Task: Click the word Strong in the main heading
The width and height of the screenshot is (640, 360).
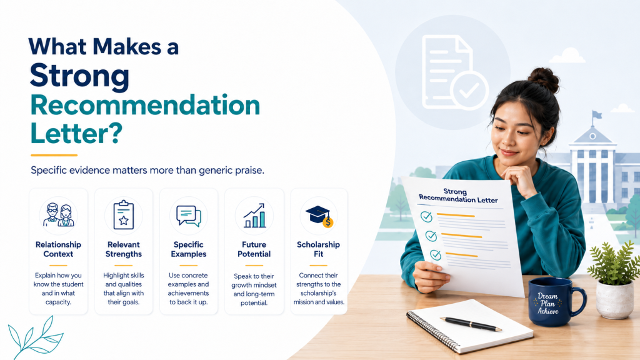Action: [x=79, y=76]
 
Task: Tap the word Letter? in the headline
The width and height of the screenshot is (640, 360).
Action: [x=76, y=132]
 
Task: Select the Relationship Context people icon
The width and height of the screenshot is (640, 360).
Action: [x=58, y=215]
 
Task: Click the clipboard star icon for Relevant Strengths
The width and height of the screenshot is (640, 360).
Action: [x=124, y=215]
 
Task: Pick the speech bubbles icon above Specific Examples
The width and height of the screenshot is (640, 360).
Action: [x=189, y=216]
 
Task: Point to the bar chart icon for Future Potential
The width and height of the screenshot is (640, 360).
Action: [x=254, y=216]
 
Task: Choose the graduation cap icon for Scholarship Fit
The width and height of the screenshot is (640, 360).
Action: [x=319, y=216]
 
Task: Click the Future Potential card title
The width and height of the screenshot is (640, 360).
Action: [x=254, y=249]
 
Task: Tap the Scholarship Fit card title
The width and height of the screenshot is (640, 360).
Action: [x=318, y=249]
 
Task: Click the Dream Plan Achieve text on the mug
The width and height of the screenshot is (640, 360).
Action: [x=547, y=303]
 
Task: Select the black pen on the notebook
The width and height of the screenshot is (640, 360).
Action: [x=471, y=324]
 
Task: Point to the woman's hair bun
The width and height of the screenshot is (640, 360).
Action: [x=544, y=79]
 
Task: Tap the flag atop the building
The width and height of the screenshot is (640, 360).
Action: [x=597, y=115]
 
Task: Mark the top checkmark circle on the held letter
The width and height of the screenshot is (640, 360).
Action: [x=426, y=216]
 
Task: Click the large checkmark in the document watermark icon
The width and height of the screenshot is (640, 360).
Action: [x=469, y=91]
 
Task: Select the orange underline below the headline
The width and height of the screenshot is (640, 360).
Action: [x=54, y=155]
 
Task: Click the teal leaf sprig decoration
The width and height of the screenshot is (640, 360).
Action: [x=35, y=338]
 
